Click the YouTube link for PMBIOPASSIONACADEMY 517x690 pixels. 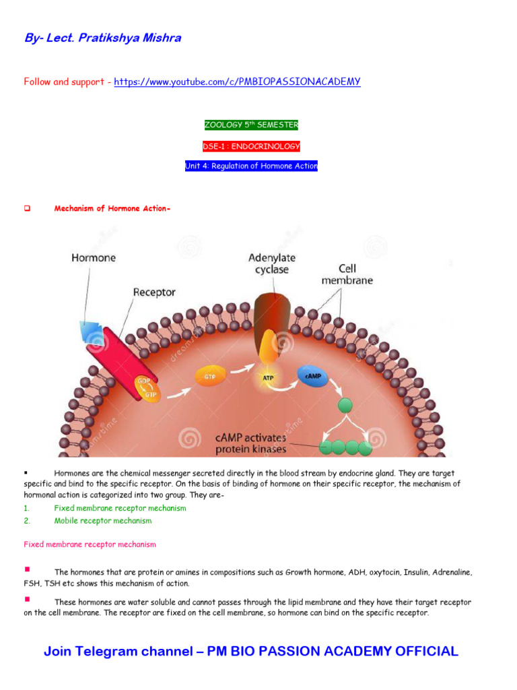point(237,82)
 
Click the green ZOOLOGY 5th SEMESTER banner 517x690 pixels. point(250,125)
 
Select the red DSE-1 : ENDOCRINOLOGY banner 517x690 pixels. point(250,146)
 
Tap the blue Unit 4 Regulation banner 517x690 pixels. point(250,166)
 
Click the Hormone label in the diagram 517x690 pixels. point(93,257)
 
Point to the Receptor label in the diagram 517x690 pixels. point(154,292)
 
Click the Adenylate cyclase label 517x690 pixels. point(272,263)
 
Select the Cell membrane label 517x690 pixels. point(347,274)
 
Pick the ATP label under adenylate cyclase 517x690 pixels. point(267,378)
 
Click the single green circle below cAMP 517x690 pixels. point(345,406)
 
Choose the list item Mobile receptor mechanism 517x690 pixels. point(103,521)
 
